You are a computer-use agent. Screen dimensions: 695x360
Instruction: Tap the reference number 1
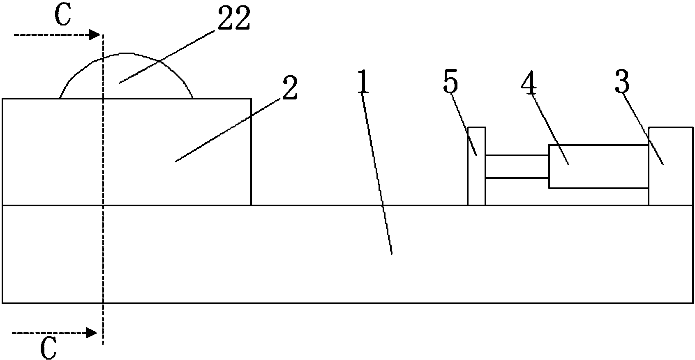(361, 84)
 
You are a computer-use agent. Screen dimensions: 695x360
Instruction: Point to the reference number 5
(450, 83)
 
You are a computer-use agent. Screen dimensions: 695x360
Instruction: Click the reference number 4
(529, 83)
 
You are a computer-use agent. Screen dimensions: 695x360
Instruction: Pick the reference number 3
(622, 83)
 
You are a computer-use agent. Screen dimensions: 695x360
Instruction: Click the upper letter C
(63, 17)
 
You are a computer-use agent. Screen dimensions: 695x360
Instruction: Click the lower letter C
(48, 350)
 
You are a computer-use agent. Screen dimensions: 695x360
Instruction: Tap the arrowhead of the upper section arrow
(95, 35)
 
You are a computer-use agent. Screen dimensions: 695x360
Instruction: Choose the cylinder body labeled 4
(598, 166)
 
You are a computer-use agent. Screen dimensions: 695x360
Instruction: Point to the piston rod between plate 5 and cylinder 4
(517, 166)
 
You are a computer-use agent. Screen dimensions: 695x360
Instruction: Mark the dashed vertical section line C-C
(103, 247)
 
